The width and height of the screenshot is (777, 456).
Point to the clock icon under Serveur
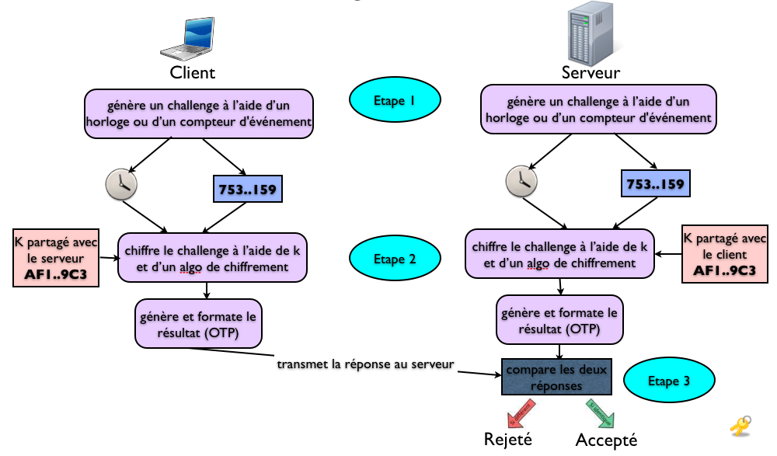pyautogui.click(x=521, y=180)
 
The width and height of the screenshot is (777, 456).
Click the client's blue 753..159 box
pyautogui.click(x=246, y=188)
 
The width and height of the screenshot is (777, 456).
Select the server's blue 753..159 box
pyautogui.click(x=654, y=184)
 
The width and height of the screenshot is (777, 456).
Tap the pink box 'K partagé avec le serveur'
pyautogui.click(x=56, y=257)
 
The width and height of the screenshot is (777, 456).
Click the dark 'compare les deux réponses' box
pyautogui.click(x=556, y=377)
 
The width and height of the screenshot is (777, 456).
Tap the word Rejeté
pyautogui.click(x=508, y=439)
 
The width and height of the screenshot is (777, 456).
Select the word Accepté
pyautogui.click(x=606, y=440)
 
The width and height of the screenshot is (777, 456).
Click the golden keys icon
pyautogui.click(x=740, y=426)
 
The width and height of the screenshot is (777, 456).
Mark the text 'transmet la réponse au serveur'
pyautogui.click(x=365, y=364)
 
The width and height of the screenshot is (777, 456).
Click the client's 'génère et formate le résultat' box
pyautogui.click(x=198, y=323)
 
